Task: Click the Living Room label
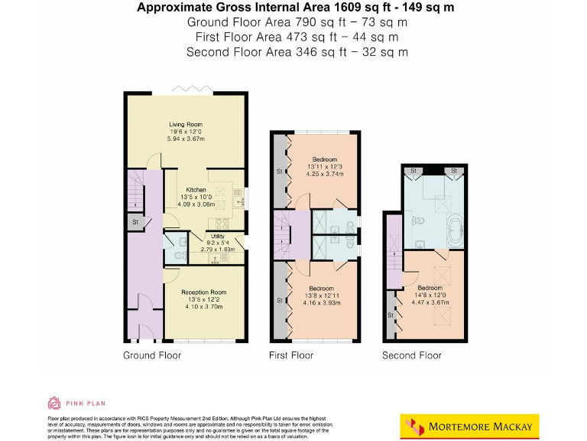coord(186,123)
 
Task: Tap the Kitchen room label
coord(196,189)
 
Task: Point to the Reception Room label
coord(203,292)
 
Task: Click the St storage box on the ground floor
coord(135,223)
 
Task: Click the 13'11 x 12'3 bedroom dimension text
coord(324,166)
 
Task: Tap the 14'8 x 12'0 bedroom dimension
coord(430,295)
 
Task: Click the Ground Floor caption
coord(152,355)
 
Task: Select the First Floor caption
coord(291,355)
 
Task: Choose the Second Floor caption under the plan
coord(412,355)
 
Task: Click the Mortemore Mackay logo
coord(469,425)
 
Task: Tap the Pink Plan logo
coord(76,403)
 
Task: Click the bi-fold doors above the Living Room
coord(186,90)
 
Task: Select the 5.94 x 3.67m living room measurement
coord(186,139)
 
